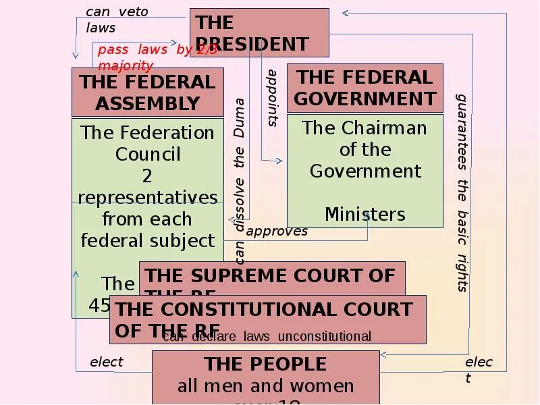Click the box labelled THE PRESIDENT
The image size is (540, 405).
click(x=259, y=32)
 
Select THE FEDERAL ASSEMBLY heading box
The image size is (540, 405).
click(x=148, y=92)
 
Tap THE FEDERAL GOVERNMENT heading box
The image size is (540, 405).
click(x=365, y=88)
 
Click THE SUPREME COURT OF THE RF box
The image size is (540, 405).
click(x=272, y=276)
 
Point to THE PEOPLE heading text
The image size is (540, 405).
click(x=265, y=364)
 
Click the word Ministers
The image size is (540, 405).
click(x=364, y=215)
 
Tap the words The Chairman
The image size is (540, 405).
click(x=364, y=128)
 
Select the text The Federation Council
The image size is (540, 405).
click(x=148, y=143)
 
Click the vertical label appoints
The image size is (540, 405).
click(x=273, y=98)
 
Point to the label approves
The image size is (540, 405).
click(x=277, y=232)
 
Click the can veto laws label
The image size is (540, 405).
click(x=116, y=20)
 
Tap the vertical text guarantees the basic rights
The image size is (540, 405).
click(x=462, y=192)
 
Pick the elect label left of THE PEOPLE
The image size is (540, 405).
click(x=107, y=362)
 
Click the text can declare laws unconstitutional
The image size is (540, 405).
click(x=267, y=336)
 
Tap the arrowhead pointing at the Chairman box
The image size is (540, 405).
click(x=279, y=161)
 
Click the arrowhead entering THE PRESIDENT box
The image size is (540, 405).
click(x=345, y=13)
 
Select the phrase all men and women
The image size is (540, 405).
click(x=265, y=386)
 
